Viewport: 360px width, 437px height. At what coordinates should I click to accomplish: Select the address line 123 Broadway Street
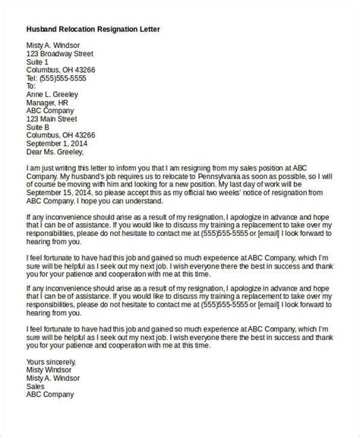60,55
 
